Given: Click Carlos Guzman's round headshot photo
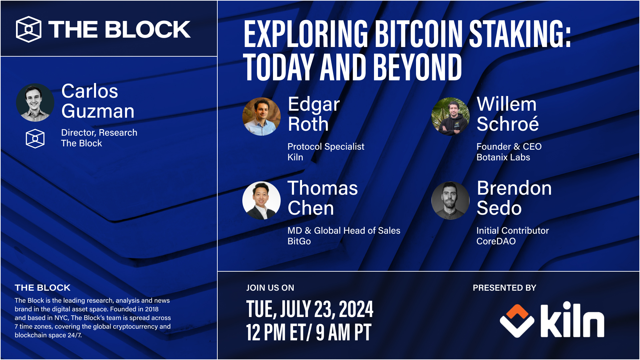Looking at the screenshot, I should pyautogui.click(x=35, y=102).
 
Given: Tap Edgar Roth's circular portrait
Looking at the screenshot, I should pyautogui.click(x=261, y=116).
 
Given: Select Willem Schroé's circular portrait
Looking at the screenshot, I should pyautogui.click(x=450, y=116).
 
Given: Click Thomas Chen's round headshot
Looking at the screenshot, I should pyautogui.click(x=261, y=200).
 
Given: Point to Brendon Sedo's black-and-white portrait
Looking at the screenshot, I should pyautogui.click(x=450, y=200).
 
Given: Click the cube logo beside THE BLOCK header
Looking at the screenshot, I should pyautogui.click(x=29, y=29).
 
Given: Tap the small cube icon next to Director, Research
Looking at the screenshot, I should pyautogui.click(x=35, y=138).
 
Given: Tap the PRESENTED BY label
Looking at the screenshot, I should pyautogui.click(x=504, y=288).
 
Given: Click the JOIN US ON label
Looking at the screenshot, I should pyautogui.click(x=270, y=288).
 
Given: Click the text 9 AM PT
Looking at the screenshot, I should pyautogui.click(x=343, y=333).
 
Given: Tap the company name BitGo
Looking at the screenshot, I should pyautogui.click(x=299, y=241).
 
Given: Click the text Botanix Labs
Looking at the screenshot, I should pyautogui.click(x=503, y=157).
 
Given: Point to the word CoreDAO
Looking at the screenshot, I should pyautogui.click(x=496, y=241).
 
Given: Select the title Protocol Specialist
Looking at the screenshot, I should pyautogui.click(x=326, y=147).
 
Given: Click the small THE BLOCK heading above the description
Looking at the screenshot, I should pyautogui.click(x=42, y=288).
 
